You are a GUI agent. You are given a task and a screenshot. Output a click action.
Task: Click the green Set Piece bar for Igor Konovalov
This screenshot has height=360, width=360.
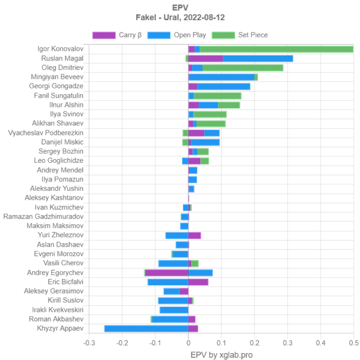(x=276, y=49)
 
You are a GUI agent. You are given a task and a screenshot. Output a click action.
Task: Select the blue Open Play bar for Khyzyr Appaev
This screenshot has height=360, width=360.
(x=145, y=328)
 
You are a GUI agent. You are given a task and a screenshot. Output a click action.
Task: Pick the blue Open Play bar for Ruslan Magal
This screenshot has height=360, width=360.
(x=258, y=58)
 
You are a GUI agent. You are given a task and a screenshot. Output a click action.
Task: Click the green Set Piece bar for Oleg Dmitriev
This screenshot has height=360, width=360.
(x=243, y=68)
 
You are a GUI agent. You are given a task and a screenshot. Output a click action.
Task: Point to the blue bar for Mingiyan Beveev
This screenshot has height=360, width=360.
(x=221, y=77)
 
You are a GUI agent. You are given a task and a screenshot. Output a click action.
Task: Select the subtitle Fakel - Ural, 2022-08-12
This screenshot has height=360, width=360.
(x=180, y=18)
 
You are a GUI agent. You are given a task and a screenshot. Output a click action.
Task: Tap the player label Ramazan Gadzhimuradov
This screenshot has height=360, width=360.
(x=43, y=216)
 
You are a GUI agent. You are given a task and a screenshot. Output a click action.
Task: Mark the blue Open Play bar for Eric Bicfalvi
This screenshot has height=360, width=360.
(x=167, y=282)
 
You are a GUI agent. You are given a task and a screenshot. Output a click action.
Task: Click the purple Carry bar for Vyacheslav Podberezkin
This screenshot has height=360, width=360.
(x=196, y=133)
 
